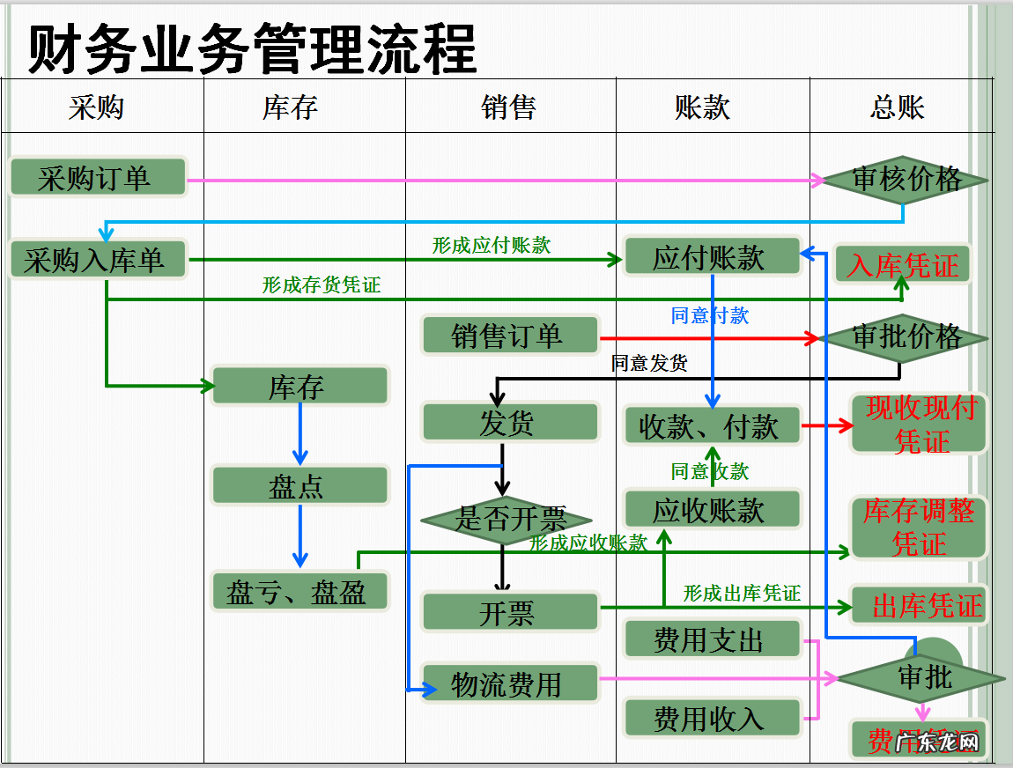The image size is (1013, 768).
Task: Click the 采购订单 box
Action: tap(98, 177)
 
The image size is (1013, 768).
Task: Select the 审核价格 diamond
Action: tap(906, 180)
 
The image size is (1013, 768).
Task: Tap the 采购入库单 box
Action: tap(98, 260)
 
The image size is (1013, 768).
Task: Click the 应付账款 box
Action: tap(710, 257)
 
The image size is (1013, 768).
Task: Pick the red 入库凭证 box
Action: tap(902, 264)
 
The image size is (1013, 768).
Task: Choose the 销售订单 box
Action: tap(509, 336)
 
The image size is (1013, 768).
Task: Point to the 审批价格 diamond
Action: tap(905, 337)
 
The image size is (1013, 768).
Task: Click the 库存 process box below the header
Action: tap(299, 387)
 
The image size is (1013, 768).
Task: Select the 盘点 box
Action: tap(299, 485)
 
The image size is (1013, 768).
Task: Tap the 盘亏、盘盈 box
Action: tap(299, 591)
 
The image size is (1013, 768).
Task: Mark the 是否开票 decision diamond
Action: tap(506, 520)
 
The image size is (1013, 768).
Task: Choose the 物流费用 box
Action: tap(509, 683)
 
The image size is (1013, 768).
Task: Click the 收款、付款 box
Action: tap(710, 425)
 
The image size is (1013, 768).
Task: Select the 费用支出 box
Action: tap(710, 639)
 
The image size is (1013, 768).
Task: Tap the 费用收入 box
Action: tap(710, 718)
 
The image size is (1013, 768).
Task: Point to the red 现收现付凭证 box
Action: tap(920, 424)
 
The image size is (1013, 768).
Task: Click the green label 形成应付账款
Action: tap(491, 246)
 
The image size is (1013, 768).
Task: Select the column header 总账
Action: tap(897, 107)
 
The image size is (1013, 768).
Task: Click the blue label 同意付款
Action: tap(709, 315)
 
